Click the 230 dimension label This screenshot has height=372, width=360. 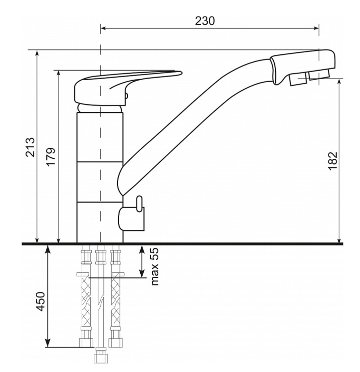[205, 21]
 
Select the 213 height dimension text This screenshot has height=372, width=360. [30, 147]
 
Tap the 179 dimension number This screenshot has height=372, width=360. [51, 157]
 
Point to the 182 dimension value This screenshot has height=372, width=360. [333, 161]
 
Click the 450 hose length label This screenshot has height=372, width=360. [40, 301]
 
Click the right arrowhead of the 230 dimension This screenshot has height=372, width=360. [316, 28]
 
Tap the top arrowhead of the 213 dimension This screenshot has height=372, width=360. [37, 53]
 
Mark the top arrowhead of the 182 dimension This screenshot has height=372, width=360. [340, 81]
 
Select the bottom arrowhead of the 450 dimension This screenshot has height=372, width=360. [48, 344]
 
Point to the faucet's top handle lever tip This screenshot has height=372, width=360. [180, 72]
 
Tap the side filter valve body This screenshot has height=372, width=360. [131, 218]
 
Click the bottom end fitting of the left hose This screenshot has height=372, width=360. [86, 343]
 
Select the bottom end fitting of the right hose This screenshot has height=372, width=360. [115, 343]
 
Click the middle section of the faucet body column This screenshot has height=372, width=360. [100, 182]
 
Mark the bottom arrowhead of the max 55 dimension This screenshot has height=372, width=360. [142, 274]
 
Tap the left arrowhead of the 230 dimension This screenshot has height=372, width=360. [103, 28]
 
